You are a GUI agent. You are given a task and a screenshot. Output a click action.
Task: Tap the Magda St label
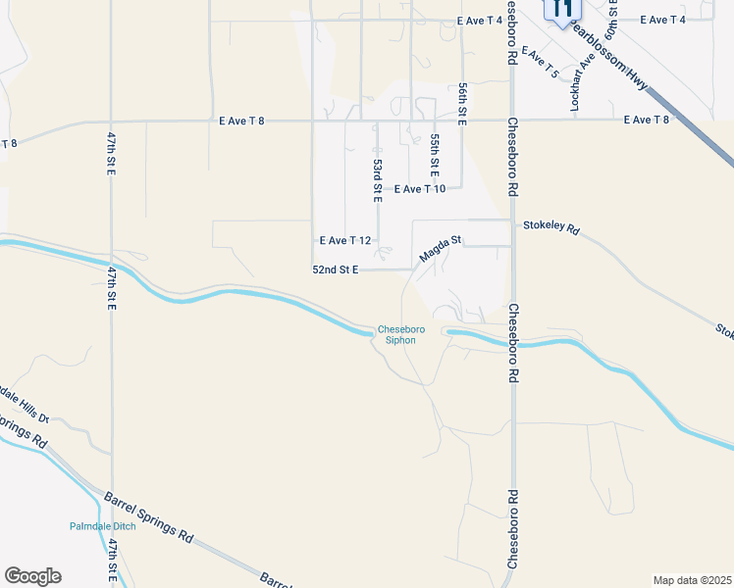440,247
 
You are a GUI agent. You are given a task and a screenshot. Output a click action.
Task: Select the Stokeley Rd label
551,229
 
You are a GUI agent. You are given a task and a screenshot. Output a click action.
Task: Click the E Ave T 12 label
345,240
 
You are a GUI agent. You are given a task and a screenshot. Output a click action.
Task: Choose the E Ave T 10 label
420,189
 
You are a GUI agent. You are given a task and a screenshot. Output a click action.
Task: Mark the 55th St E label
434,154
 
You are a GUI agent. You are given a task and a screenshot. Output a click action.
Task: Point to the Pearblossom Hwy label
610,58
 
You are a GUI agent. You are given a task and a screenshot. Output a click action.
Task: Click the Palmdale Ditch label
102,526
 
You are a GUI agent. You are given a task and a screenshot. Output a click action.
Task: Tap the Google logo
32,576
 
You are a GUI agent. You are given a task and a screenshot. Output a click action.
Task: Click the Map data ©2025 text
692,580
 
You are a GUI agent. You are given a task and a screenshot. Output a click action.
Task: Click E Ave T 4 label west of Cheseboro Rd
480,20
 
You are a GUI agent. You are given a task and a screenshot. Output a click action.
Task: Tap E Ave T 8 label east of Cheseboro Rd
647,120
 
